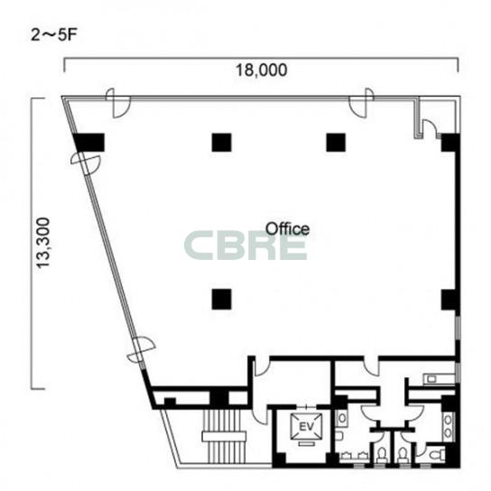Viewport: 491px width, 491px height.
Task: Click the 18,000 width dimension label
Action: [261, 70]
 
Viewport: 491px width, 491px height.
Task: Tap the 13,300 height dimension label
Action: [43, 243]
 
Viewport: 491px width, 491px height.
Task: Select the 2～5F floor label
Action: [53, 35]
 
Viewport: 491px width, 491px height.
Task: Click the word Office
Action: [287, 228]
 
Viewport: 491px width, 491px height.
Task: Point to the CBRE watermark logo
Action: [245, 245]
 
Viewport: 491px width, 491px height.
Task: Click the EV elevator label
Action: [306, 427]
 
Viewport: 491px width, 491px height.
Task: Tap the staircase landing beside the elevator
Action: [224, 437]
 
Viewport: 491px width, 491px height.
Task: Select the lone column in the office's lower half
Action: [222, 299]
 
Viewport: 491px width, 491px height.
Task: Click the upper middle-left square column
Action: [222, 143]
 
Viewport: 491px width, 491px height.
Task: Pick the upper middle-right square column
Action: [336, 143]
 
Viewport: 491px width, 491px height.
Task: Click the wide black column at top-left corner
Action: [89, 143]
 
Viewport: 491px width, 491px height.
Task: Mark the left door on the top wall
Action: [118, 103]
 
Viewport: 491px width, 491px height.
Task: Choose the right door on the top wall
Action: [361, 103]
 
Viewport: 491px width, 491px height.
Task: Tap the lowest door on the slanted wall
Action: [141, 349]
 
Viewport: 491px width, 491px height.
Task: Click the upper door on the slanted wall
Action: [85, 163]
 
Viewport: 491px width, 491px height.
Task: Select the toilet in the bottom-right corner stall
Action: [437, 454]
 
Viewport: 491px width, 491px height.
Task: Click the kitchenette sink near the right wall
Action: [431, 379]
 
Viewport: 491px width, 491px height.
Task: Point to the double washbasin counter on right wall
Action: [448, 427]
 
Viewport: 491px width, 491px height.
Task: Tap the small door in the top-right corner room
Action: [430, 128]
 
